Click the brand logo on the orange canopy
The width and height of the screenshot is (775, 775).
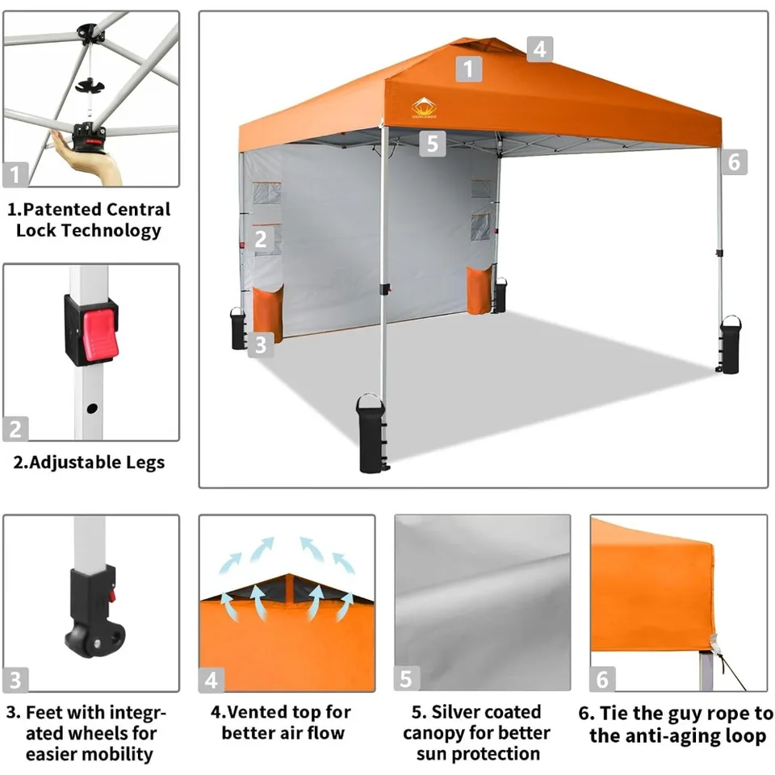tap(424, 108)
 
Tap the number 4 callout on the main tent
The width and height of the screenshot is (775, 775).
tap(540, 49)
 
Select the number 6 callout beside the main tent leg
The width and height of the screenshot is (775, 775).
tap(734, 161)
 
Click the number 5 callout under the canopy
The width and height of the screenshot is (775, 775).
tap(433, 144)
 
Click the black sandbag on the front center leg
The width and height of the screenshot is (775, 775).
tap(371, 434)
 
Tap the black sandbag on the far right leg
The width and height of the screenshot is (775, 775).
tap(730, 345)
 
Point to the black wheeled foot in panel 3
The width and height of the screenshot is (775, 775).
tap(94, 613)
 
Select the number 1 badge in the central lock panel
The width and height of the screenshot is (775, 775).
tap(15, 174)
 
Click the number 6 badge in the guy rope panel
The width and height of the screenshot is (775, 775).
tap(602, 679)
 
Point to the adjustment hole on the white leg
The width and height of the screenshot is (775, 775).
tap(92, 408)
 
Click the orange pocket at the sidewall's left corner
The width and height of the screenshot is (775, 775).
tap(268, 313)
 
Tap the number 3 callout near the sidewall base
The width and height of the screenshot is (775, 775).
tap(261, 345)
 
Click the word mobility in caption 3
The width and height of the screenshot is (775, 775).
tap(119, 754)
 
